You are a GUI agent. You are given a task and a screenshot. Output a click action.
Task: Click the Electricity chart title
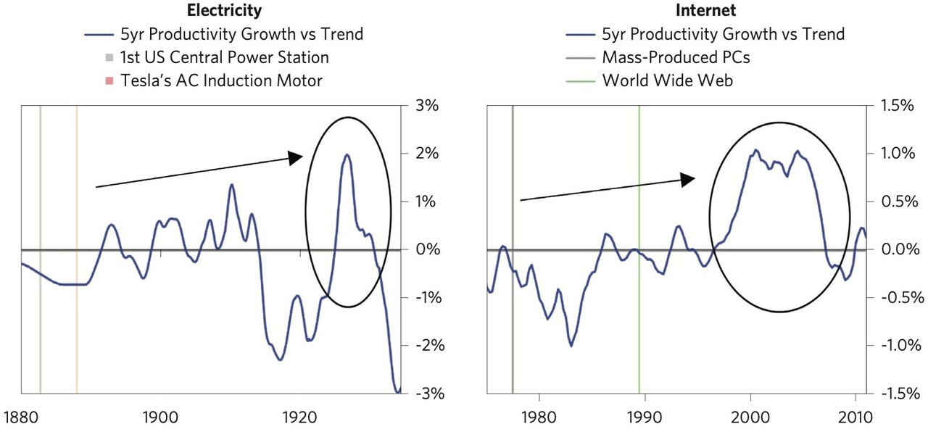point(225,11)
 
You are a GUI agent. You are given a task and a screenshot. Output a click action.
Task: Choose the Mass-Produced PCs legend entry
point(676,57)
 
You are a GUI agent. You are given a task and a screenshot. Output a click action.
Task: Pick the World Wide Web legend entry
point(667,80)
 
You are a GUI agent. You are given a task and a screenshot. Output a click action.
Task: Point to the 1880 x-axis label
point(22,418)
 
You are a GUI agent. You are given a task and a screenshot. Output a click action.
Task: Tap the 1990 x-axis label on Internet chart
point(644,418)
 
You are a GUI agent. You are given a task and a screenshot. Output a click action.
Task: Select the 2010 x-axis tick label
point(855,418)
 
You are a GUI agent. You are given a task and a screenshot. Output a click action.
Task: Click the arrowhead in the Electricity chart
point(296,158)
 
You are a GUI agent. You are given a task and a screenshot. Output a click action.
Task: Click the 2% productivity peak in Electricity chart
point(347,154)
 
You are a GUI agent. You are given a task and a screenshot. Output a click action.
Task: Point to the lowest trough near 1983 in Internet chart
point(571,346)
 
